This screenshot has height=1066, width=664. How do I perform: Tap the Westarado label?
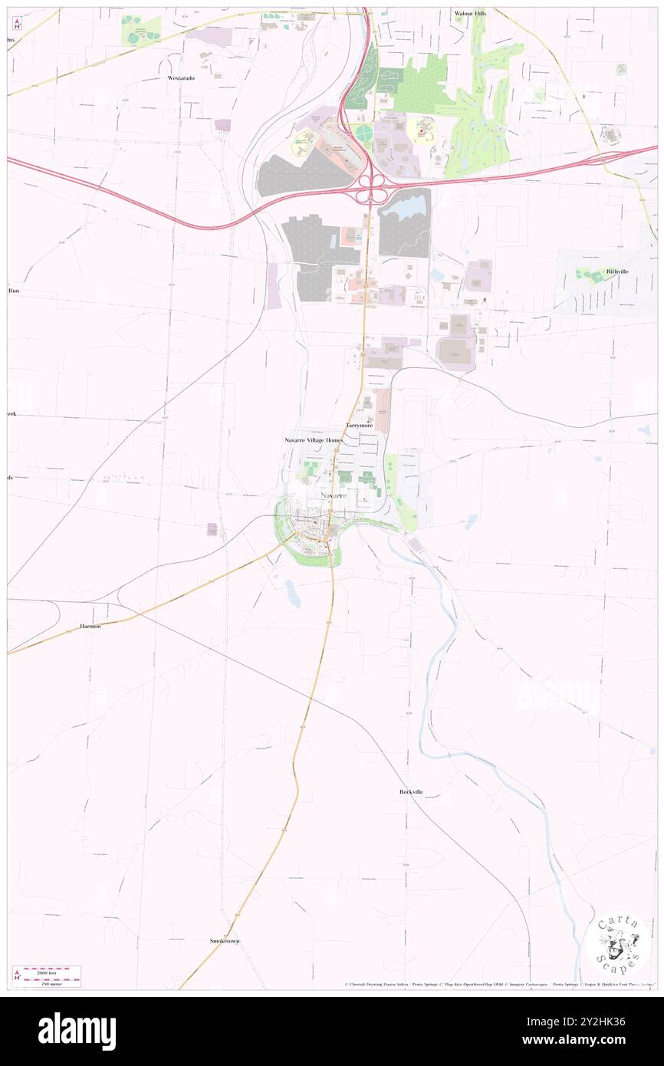tap(182, 78)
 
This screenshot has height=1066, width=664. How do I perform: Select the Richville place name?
tap(617, 271)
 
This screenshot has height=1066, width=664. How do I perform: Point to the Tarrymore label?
tap(359, 425)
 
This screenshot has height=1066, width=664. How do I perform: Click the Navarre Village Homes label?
tap(314, 441)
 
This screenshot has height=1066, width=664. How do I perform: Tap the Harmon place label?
tap(90, 627)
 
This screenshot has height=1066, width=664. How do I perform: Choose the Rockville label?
tap(411, 791)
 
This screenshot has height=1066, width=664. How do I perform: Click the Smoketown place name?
tap(225, 940)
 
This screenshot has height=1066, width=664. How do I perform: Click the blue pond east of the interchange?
tap(402, 206)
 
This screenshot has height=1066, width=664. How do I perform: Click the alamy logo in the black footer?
tap(77, 1031)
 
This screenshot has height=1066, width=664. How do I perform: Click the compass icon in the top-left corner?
tap(17, 24)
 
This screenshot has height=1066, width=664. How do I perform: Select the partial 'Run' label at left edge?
tap(13, 291)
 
